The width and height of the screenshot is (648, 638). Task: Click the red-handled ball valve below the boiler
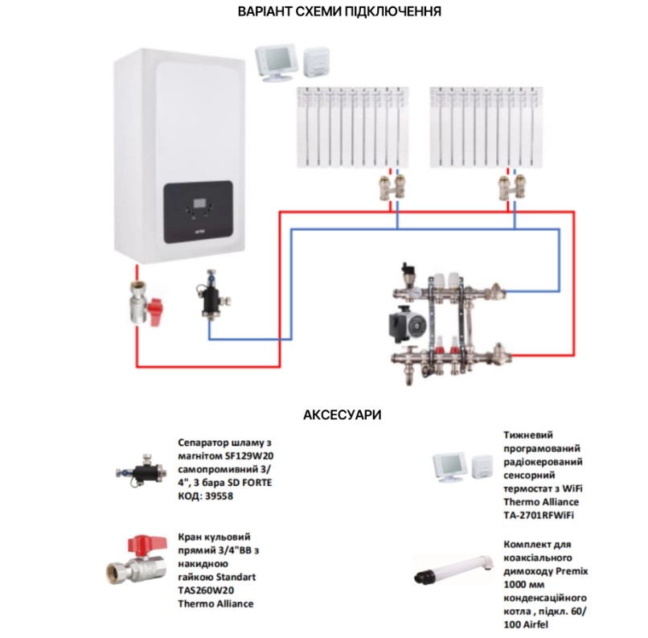tap(145, 303)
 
